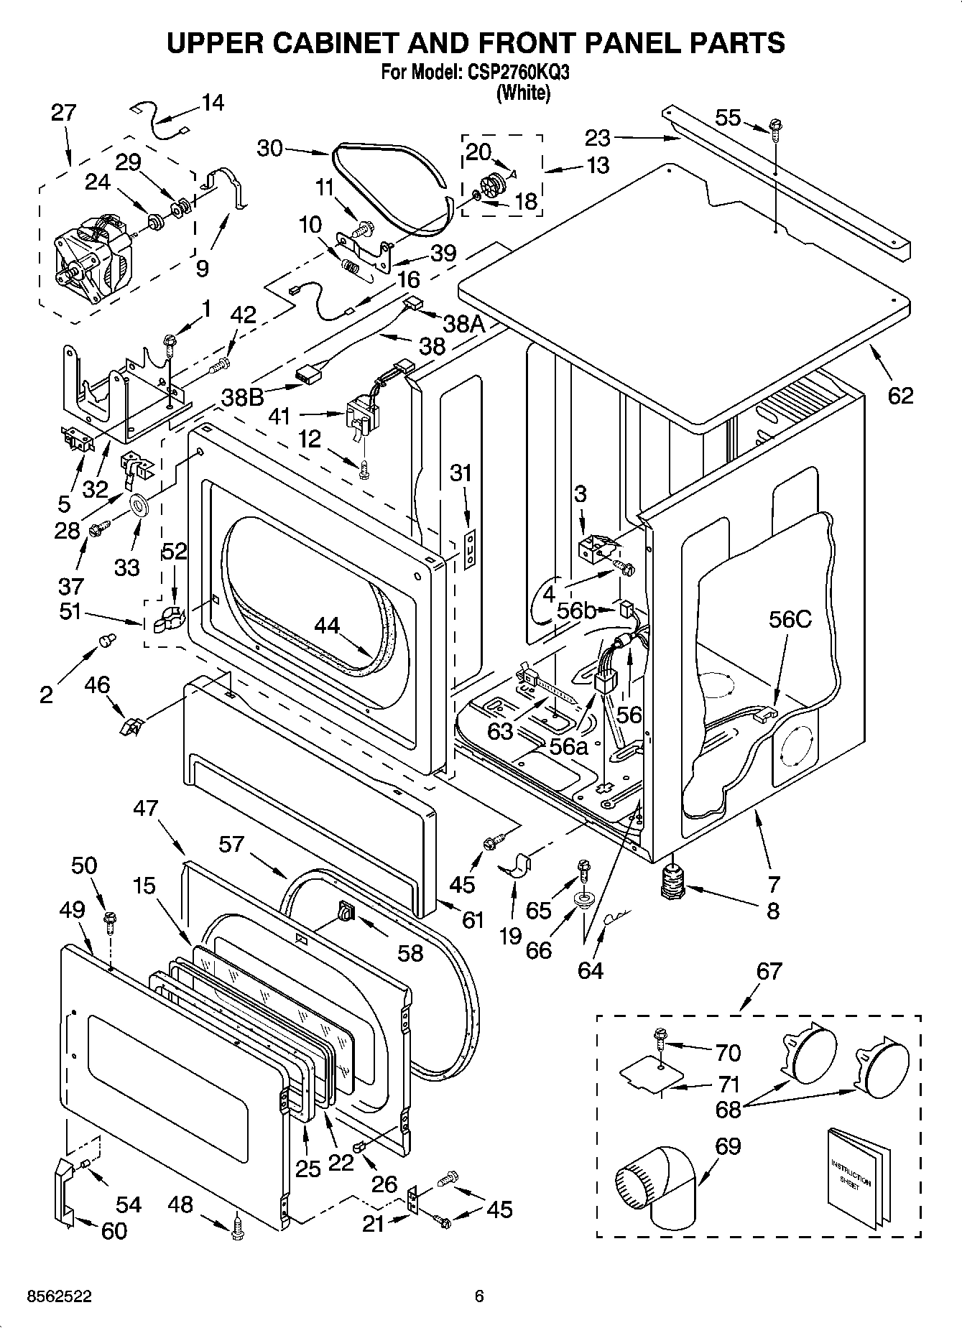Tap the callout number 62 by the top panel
coord(900,396)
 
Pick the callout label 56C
coord(790,619)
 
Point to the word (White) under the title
coord(523,93)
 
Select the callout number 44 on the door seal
coord(327,626)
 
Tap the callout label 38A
coord(464,325)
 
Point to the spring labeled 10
coord(351,266)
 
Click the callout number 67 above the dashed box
coord(768,971)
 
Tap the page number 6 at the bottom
coord(479,1296)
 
